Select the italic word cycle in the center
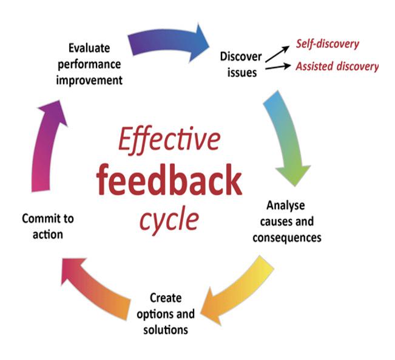[169, 219]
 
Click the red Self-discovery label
[327, 44]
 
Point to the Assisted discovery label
[337, 66]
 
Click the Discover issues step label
[241, 64]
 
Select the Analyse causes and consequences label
[285, 221]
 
